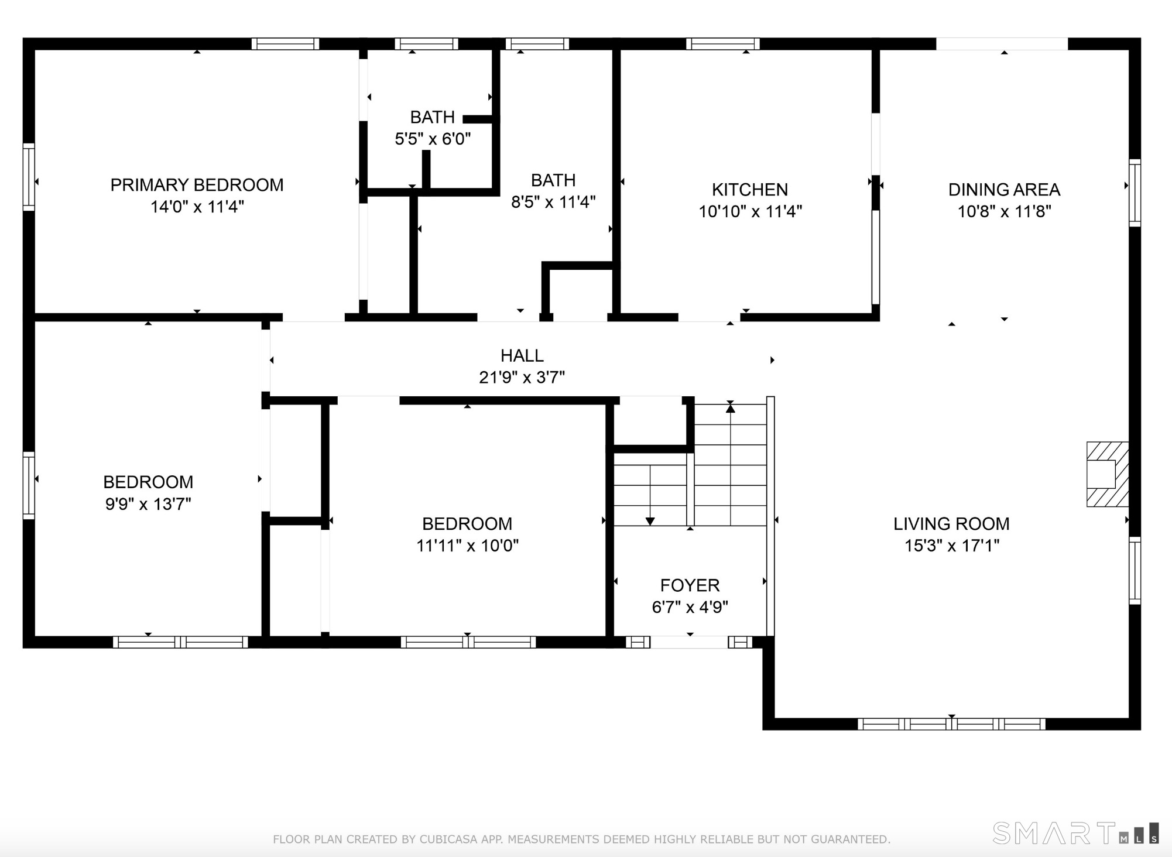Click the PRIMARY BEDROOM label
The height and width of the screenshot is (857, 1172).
point(197,185)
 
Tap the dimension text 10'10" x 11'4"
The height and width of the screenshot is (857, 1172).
point(750,211)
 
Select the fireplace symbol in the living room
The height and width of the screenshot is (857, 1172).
point(1107,474)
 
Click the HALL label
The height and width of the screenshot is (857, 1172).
point(522,355)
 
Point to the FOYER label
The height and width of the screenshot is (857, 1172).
point(690,585)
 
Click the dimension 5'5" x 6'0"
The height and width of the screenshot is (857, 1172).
point(433,139)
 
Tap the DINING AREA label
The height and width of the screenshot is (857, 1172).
point(1004,190)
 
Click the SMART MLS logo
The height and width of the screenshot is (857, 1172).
point(1075,832)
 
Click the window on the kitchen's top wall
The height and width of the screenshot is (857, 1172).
point(722,44)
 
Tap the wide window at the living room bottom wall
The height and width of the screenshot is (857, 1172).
point(951,724)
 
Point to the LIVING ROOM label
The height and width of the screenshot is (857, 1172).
point(951,523)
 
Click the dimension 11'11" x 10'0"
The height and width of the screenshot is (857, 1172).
point(467,546)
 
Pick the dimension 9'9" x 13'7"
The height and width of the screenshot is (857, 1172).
point(148,504)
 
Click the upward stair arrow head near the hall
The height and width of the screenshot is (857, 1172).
point(730,408)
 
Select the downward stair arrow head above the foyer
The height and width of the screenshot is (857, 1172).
point(650,521)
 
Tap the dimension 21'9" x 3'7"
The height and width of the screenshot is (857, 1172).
point(522,378)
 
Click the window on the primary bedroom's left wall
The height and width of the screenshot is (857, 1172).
point(29,177)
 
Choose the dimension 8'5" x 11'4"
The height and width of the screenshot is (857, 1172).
point(553,202)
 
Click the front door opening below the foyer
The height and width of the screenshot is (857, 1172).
point(689,642)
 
